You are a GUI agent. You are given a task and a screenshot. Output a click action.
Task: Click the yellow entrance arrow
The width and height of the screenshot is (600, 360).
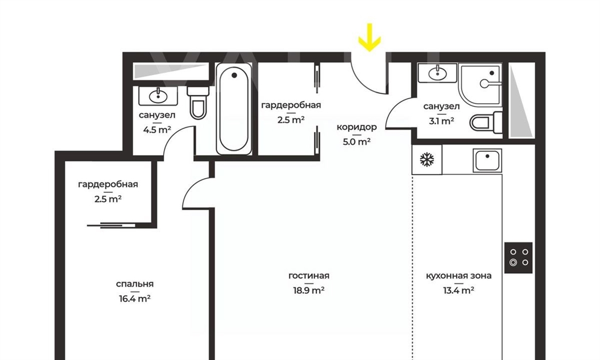click(369, 38)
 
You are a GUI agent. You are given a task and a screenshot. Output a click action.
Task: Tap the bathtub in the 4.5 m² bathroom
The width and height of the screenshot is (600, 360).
click(234, 108)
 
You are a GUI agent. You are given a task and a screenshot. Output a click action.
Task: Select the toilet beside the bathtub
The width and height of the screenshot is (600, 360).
click(198, 103)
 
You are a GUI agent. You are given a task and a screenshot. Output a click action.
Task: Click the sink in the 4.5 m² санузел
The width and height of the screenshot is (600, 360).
click(158, 96)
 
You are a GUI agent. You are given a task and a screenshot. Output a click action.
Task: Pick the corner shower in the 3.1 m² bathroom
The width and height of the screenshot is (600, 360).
click(480, 84)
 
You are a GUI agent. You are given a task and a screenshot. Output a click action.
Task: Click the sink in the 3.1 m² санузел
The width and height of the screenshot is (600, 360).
click(437, 73)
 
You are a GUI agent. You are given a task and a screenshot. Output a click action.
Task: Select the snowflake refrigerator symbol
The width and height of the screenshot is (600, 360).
click(427, 159)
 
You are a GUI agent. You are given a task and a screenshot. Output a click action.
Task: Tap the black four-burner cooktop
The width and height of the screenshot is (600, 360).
click(519, 258)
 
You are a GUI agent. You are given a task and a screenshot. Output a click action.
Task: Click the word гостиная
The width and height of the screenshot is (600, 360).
click(309, 276)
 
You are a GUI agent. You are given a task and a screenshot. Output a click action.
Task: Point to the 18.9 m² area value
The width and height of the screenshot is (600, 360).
click(309, 290)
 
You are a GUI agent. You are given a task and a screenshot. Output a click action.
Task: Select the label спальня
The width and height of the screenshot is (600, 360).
click(135, 284)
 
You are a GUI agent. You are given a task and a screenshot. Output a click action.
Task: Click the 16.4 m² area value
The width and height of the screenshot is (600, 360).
click(135, 298)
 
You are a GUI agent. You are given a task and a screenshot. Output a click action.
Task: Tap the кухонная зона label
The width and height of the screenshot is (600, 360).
click(459, 276)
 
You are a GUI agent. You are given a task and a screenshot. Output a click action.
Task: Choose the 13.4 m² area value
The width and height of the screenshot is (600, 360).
click(459, 290)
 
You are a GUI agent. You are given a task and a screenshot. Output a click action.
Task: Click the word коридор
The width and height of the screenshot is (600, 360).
click(357, 127)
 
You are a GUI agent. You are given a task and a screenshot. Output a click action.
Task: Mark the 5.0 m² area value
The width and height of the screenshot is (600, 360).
click(357, 142)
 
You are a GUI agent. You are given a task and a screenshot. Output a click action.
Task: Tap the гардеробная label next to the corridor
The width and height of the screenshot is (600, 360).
click(291, 105)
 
